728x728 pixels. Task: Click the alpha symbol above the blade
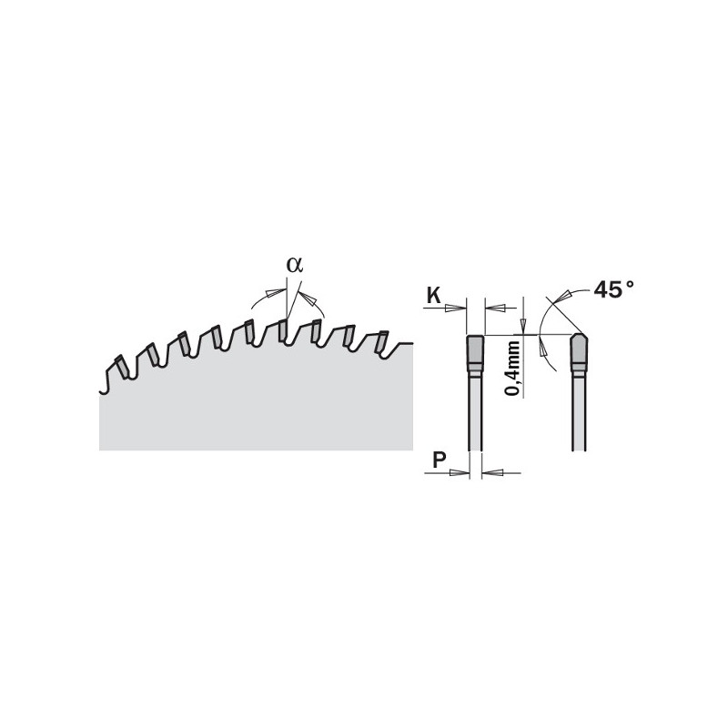[295, 265]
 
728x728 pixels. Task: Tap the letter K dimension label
[434, 295]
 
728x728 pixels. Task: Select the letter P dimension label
[440, 460]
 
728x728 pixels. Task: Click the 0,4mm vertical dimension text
[512, 368]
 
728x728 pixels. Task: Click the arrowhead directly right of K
[456, 308]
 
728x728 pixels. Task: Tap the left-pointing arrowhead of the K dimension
[495, 308]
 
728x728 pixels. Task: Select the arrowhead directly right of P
[460, 472]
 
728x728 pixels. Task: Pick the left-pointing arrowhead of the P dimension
[492, 472]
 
